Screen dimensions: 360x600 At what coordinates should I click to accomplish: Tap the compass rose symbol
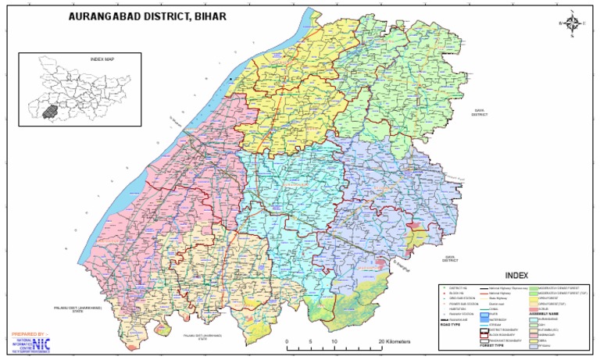[573, 23]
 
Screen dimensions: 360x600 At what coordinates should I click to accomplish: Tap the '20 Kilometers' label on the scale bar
[399, 342]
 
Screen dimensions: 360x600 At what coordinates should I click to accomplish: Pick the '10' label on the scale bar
[334, 342]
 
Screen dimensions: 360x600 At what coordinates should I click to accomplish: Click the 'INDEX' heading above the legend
[516, 276]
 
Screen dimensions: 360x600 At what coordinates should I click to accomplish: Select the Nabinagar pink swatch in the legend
[534, 336]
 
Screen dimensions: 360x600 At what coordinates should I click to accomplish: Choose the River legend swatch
[484, 315]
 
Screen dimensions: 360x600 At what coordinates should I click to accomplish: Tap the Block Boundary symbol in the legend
[484, 336]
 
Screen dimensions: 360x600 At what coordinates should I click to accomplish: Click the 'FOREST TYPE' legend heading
[491, 346]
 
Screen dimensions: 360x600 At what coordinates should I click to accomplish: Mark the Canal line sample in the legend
[484, 309]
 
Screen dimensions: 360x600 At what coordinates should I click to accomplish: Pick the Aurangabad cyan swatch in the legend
[534, 320]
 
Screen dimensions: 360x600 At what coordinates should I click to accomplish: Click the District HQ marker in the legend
[444, 288]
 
